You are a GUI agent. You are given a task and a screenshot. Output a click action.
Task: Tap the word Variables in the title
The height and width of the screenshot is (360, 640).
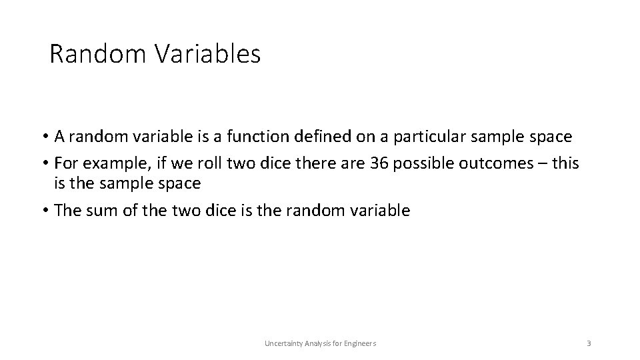[x=208, y=54]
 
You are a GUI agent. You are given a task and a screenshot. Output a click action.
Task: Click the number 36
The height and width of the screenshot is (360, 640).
[x=379, y=163]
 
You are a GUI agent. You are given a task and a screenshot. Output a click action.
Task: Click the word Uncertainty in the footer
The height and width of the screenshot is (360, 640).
[x=282, y=343]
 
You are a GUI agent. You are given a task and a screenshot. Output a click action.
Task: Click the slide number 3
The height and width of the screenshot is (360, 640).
[x=589, y=343]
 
